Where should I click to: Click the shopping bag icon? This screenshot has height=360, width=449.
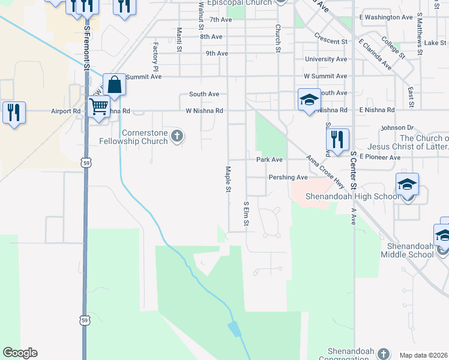point(114,85)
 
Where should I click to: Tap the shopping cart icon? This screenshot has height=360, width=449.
point(98,107)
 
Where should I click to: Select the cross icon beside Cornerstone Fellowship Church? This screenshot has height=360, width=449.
point(176,137)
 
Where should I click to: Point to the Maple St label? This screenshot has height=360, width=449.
point(228,179)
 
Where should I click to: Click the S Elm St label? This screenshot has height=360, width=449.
point(246,214)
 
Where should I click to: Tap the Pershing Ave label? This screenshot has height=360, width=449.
point(288,178)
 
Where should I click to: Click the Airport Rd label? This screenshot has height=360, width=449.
point(65,111)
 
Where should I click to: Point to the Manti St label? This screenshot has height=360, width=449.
point(179,39)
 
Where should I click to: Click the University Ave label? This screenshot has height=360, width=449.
point(326,59)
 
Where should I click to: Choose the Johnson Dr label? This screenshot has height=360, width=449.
point(397,128)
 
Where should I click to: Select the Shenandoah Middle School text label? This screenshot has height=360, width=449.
point(407,250)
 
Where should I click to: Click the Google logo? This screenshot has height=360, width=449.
point(20,353)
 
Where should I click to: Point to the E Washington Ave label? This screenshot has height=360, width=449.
point(386,17)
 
